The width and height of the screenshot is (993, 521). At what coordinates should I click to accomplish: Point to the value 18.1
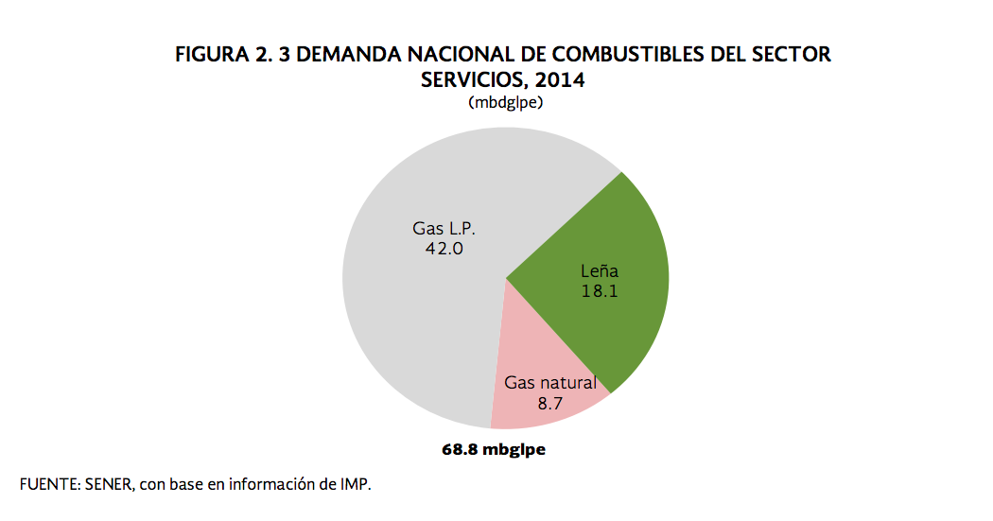(x=599, y=291)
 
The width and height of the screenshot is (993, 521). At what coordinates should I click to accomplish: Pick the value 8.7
(x=549, y=403)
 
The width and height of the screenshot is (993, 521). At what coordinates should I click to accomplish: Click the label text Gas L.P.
(x=443, y=229)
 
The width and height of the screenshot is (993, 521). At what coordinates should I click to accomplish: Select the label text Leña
(x=599, y=271)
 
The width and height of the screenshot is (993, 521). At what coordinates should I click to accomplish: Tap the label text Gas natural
(x=549, y=383)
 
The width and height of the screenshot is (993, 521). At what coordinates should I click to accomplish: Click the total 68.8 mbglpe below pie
(x=494, y=449)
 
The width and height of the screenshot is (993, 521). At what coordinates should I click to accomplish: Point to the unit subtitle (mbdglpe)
(x=504, y=102)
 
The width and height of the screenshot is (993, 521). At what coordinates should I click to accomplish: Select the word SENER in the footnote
(x=111, y=484)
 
